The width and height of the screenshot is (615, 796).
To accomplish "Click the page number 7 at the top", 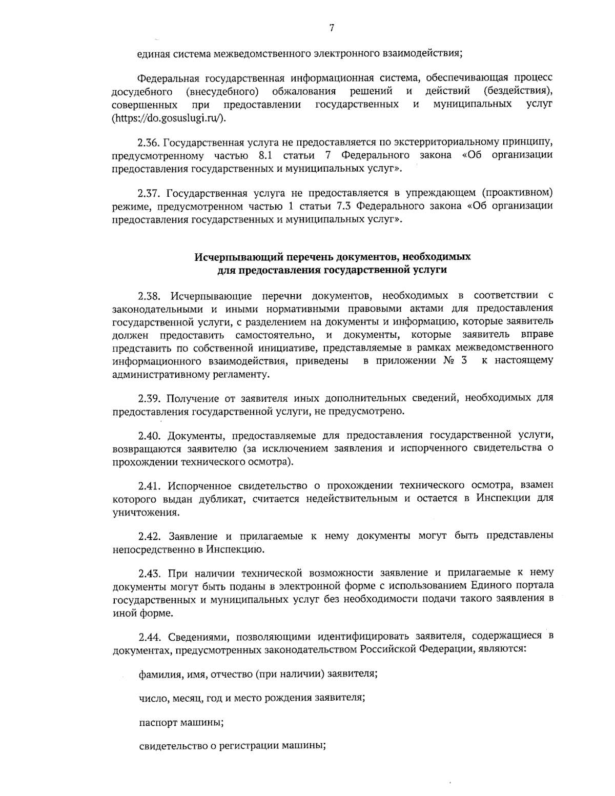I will [332, 29].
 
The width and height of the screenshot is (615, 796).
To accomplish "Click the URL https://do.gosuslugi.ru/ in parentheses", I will [168, 117].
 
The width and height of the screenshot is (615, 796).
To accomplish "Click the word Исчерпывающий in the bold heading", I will [228, 256].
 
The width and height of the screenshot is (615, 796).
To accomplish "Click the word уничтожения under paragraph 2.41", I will [145, 512].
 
